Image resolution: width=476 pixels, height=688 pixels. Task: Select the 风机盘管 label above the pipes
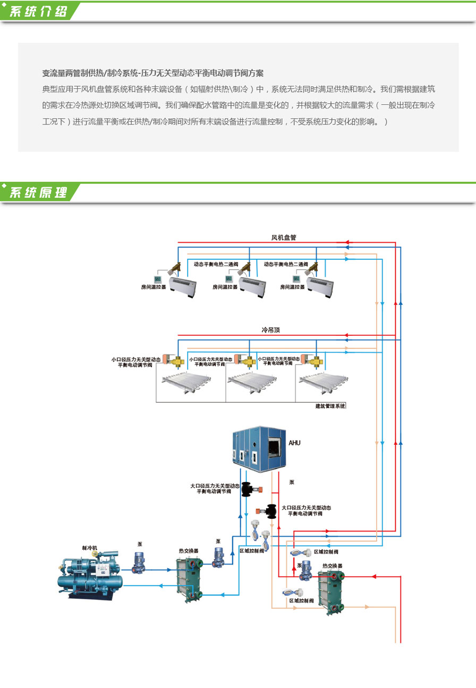283,238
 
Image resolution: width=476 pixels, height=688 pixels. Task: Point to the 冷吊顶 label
270,330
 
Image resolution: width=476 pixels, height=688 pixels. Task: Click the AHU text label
294,443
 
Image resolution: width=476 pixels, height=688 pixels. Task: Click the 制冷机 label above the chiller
90,548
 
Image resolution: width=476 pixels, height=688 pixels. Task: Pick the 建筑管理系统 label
330,406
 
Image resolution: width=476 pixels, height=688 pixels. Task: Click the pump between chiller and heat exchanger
139,563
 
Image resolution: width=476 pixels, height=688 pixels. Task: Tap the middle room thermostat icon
229,279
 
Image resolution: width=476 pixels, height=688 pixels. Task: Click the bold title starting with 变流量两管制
153,73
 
